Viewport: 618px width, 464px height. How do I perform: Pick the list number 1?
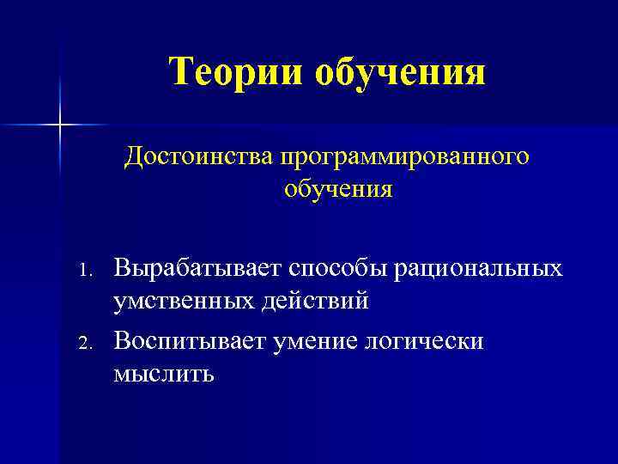pyautogui.click(x=84, y=270)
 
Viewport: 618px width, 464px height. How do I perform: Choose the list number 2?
pyautogui.click(x=84, y=344)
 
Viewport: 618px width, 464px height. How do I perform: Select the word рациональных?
pyautogui.click(x=479, y=269)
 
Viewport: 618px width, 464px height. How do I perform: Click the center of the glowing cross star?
pyautogui.click(x=60, y=125)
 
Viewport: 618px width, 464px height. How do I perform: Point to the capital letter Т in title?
pyautogui.click(x=181, y=70)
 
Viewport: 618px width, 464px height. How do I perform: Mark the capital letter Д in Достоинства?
pyautogui.click(x=133, y=157)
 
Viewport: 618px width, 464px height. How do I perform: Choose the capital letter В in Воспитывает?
pyautogui.click(x=122, y=342)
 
